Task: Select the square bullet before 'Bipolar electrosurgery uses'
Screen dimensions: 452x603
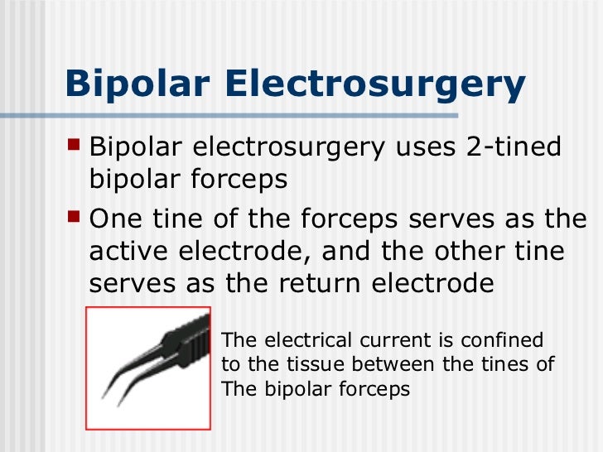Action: (75, 147)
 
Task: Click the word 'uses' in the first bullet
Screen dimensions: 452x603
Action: (422, 148)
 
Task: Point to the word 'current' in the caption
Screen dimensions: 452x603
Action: (387, 340)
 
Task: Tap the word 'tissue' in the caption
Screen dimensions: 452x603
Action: (319, 364)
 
